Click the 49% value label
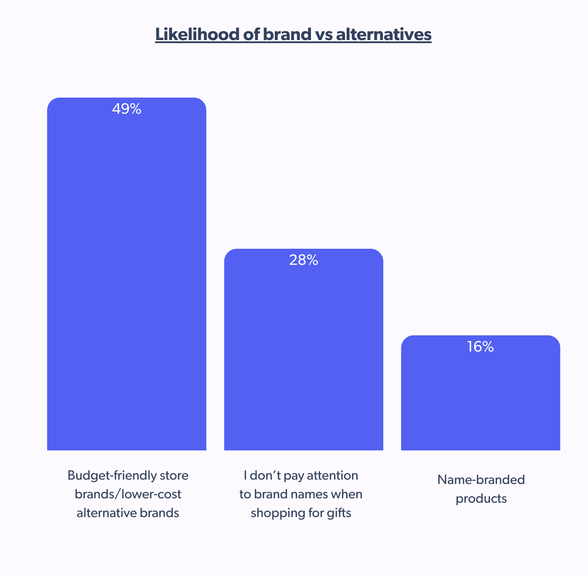[x=126, y=109]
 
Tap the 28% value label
[x=304, y=260]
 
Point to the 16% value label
[x=480, y=347]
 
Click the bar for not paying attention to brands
[x=304, y=357]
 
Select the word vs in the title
[x=322, y=34]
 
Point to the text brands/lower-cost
[x=128, y=494]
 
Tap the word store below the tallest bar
[x=174, y=475]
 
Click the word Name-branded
[x=481, y=480]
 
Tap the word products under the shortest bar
[x=481, y=498]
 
